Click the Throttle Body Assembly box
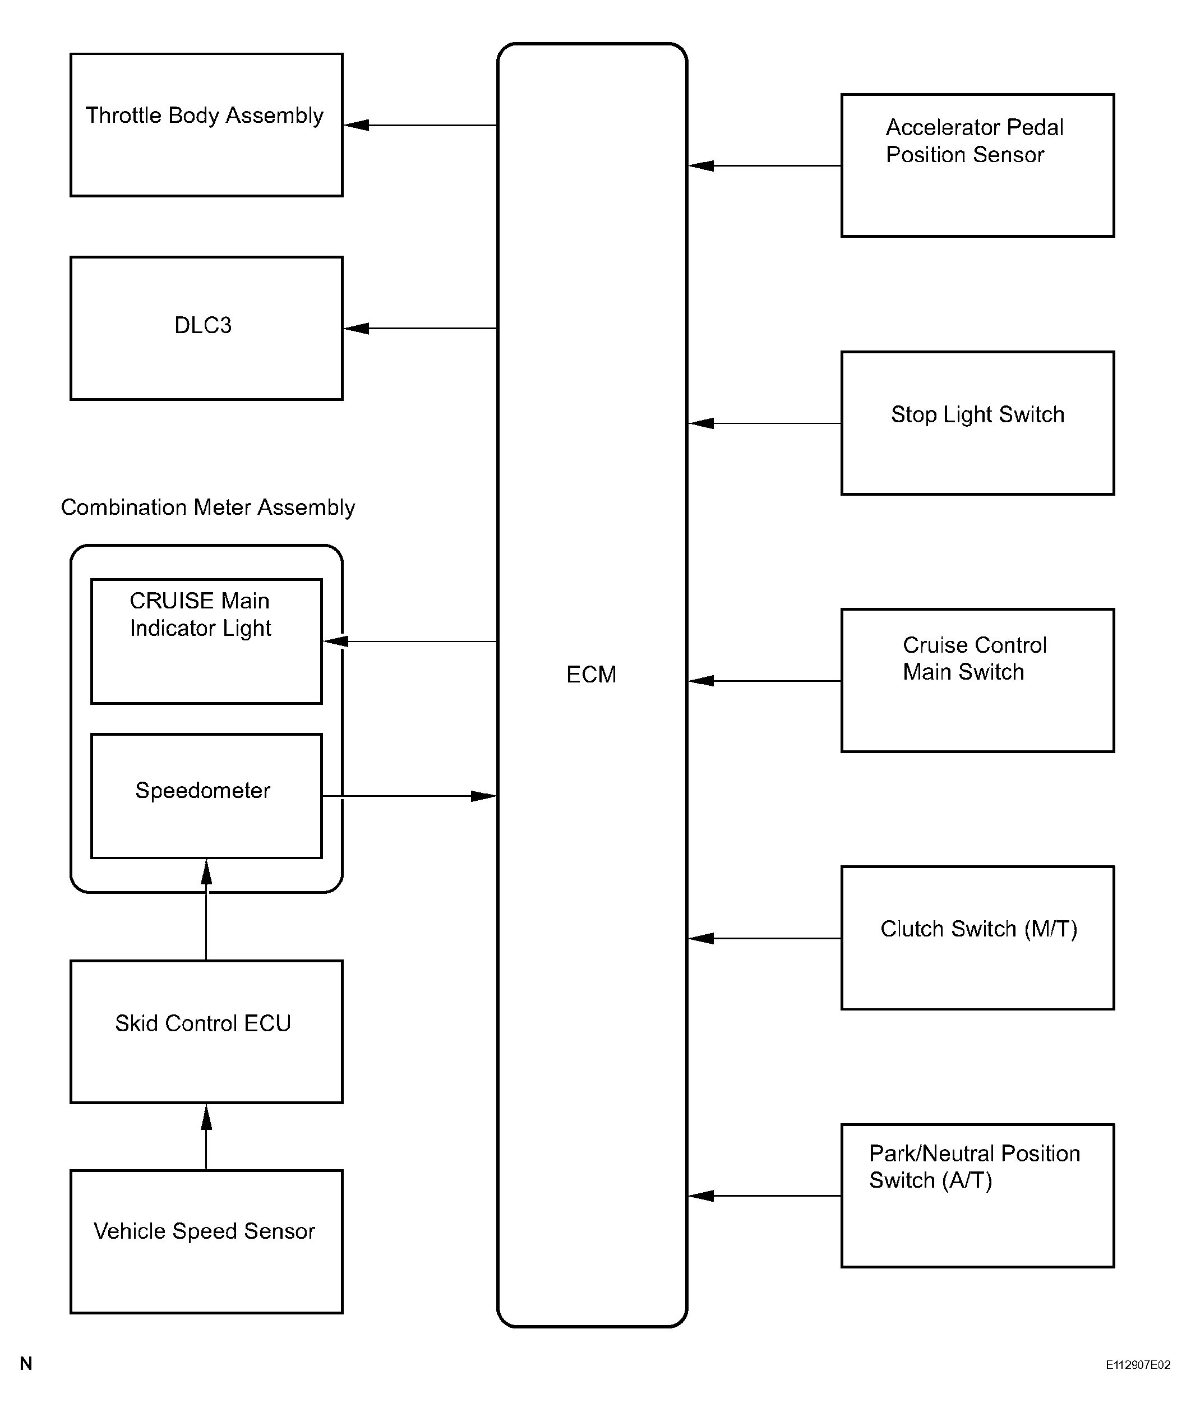pos(206,125)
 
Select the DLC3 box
pos(206,328)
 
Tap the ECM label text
pos(592,675)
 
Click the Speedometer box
pos(206,796)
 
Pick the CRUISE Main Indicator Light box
pos(206,642)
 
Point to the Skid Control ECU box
pos(206,1032)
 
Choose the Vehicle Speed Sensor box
pos(206,1242)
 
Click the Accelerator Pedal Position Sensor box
pos(978,165)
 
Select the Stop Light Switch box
pos(978,423)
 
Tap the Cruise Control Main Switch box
pos(978,681)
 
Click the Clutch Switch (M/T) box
pos(978,938)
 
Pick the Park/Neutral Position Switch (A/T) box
pos(978,1196)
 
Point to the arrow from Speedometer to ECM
pos(410,796)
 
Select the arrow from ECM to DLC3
pos(421,328)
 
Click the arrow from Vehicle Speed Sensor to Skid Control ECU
pos(206,1137)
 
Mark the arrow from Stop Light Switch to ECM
pos(764,423)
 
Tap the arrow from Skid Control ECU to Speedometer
pos(206,910)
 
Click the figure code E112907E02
pos(1138,1365)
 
